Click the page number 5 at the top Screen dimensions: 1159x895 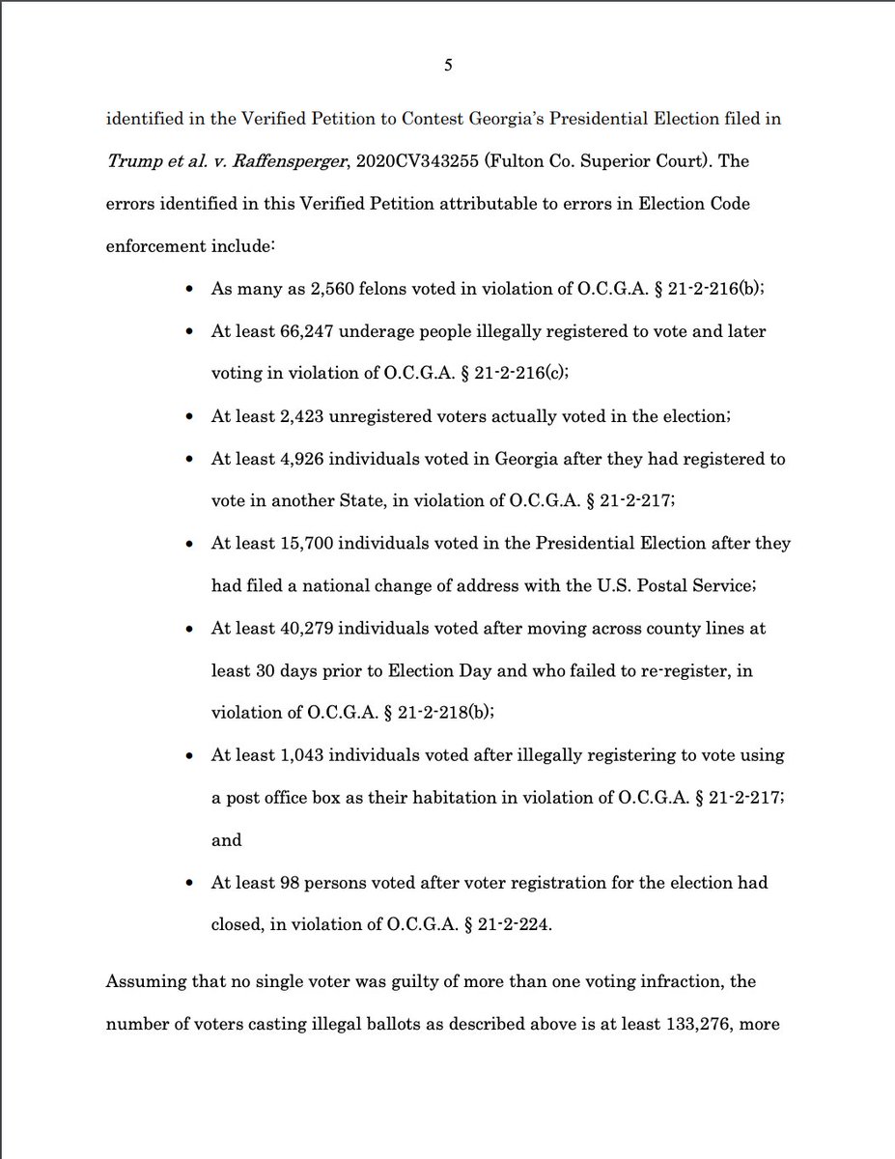point(448,66)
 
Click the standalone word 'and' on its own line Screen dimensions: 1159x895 point(226,840)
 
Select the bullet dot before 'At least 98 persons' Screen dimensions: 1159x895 point(190,884)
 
